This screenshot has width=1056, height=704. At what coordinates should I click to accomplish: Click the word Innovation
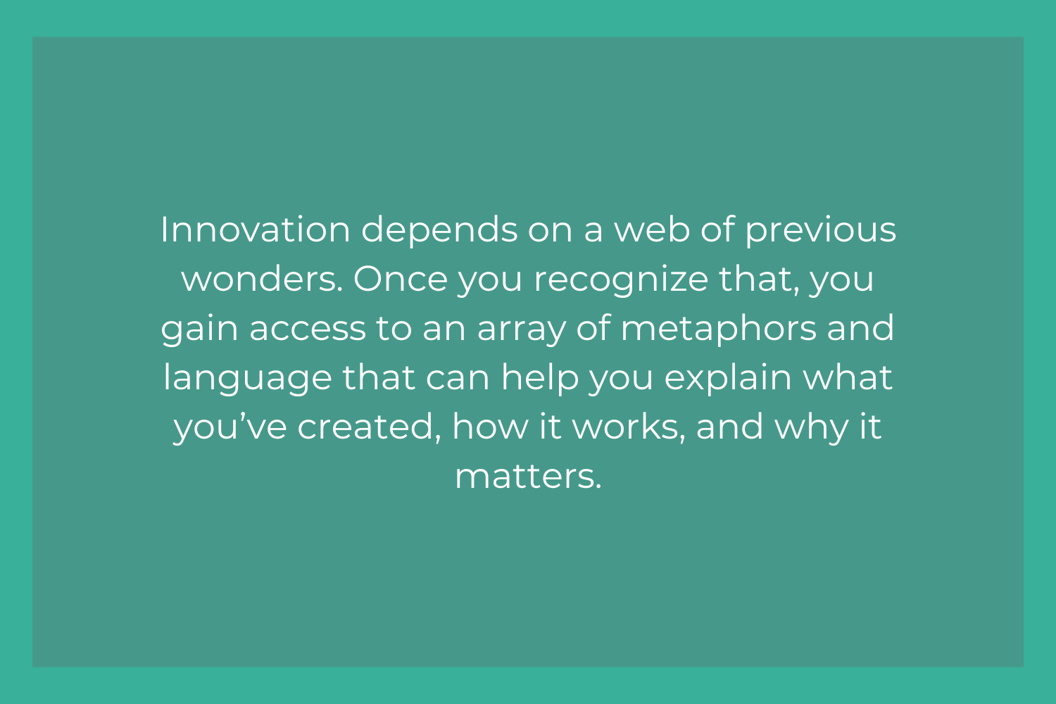(x=256, y=230)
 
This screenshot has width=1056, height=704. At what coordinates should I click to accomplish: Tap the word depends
(x=439, y=232)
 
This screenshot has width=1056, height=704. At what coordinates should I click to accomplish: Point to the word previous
(x=821, y=232)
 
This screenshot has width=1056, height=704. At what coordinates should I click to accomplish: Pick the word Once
(x=401, y=279)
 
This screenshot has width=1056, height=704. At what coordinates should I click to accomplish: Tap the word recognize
(x=621, y=281)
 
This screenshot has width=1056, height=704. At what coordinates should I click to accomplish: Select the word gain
(x=199, y=330)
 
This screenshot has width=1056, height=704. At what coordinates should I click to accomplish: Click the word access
(x=308, y=329)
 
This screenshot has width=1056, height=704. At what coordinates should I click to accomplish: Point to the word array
(x=522, y=330)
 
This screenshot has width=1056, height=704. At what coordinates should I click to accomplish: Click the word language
(x=248, y=378)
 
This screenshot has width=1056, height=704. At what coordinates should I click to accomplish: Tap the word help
(x=540, y=378)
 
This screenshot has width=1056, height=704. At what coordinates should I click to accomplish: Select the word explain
(x=728, y=378)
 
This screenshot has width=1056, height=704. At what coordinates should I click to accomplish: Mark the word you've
(x=230, y=428)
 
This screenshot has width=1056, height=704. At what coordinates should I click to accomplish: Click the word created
(x=369, y=427)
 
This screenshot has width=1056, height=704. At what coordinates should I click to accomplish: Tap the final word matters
(x=529, y=477)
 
